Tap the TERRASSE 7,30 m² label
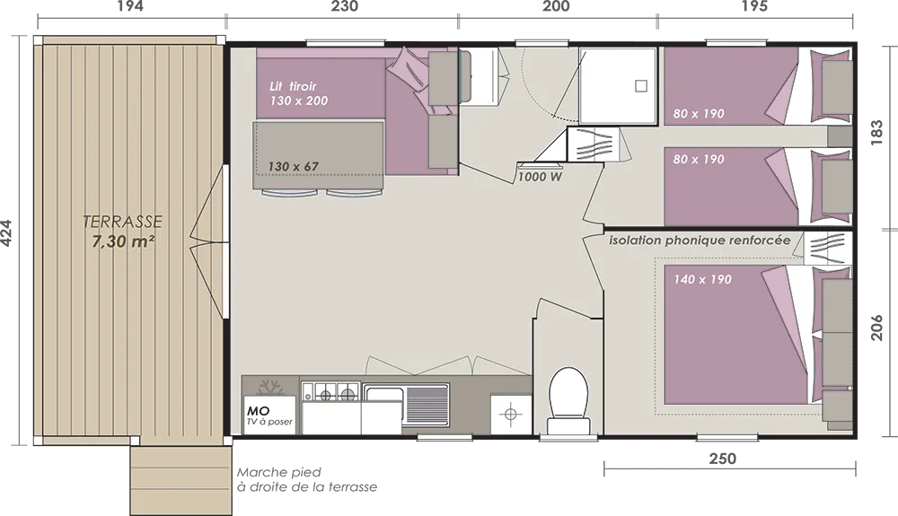[x=122, y=232]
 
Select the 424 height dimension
[x=6, y=233]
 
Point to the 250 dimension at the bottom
[x=723, y=459]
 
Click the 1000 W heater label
[x=540, y=178]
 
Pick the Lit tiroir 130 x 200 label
[x=298, y=94]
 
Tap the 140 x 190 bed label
[x=703, y=280]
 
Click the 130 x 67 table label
[x=294, y=167]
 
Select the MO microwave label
[x=259, y=411]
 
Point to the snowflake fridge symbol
[x=270, y=387]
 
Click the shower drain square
[x=641, y=86]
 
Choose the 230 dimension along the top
[x=345, y=6]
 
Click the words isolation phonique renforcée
[x=700, y=241]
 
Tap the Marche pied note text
[x=307, y=480]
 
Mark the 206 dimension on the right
[x=876, y=327]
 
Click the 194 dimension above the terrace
[x=130, y=6]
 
